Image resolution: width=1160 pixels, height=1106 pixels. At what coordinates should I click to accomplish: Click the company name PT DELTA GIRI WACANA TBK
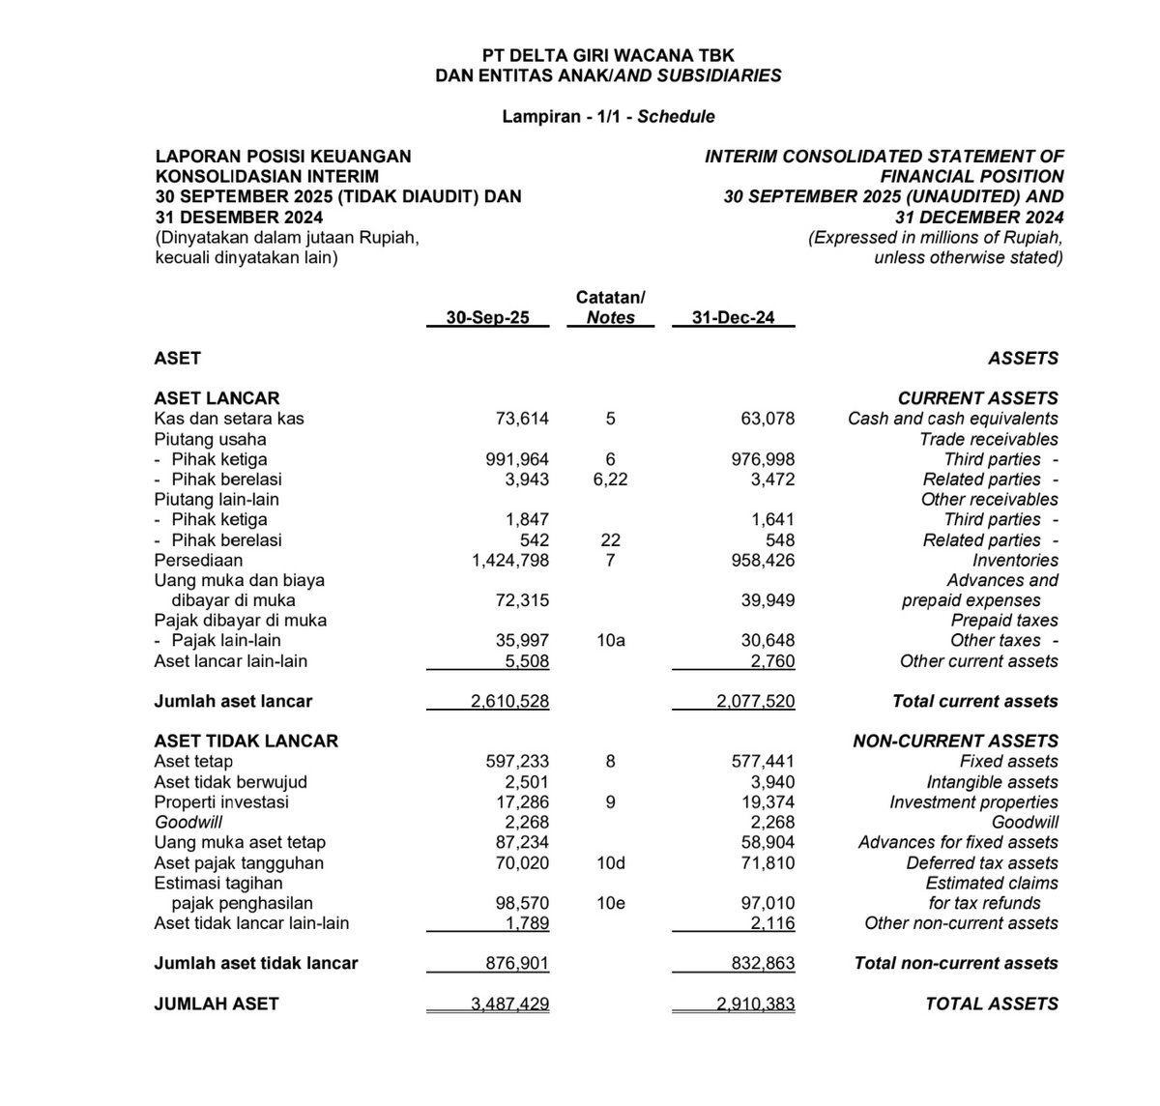click(x=608, y=56)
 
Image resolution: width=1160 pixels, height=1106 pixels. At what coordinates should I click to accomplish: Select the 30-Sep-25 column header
click(x=487, y=317)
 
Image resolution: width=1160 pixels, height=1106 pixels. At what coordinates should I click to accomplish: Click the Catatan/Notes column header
click(x=610, y=307)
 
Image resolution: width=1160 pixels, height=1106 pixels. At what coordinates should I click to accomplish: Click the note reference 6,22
click(x=610, y=480)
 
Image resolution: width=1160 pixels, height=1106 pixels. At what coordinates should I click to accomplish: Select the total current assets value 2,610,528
click(x=509, y=701)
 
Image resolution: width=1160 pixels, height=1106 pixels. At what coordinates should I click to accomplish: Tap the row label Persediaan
click(x=198, y=560)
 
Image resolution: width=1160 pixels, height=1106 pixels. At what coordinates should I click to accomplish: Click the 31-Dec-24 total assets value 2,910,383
click(x=756, y=1004)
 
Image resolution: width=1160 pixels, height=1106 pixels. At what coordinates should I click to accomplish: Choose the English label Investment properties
click(x=973, y=802)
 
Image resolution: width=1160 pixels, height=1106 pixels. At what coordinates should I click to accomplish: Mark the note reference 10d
click(x=610, y=862)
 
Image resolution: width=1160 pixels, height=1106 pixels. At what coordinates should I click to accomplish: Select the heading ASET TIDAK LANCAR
click(x=246, y=741)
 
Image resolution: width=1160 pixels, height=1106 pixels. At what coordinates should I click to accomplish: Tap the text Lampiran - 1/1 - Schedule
click(x=608, y=116)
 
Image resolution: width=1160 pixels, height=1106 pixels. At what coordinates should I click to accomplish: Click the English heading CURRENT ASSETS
click(x=977, y=397)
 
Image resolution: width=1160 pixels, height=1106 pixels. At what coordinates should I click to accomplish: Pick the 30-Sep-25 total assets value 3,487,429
click(x=509, y=1004)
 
